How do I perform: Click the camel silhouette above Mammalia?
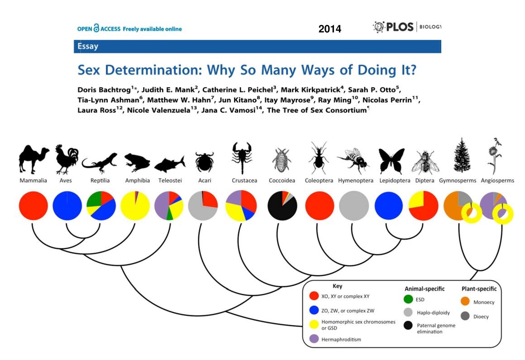coord(33,159)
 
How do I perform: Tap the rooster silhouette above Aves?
coord(67,159)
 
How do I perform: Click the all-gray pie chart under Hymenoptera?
coord(354,206)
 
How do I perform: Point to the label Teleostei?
coord(170,181)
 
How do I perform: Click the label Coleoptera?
coord(319,181)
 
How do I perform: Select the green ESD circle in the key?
coord(408,299)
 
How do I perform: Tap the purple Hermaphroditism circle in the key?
coord(314,339)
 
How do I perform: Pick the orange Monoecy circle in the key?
coord(465,302)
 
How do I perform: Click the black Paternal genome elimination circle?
coord(408,325)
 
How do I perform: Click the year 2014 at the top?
coord(330,29)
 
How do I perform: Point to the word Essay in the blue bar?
coord(88,46)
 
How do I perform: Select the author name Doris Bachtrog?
coord(104,90)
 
